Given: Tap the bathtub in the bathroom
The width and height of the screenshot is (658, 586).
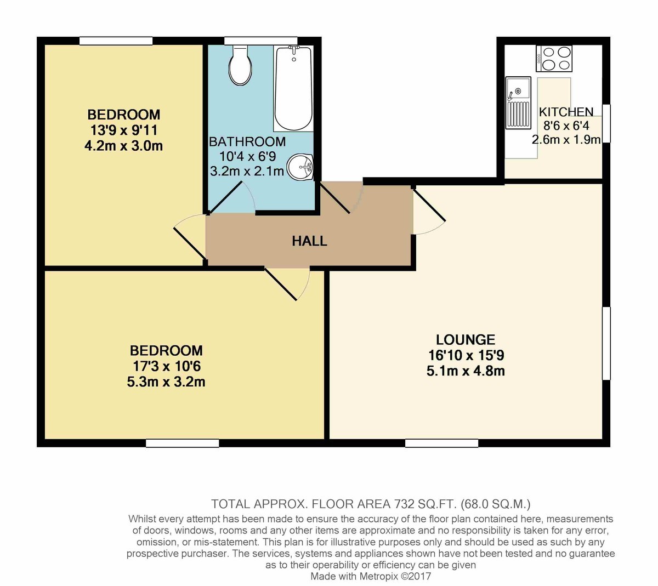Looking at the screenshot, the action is [293, 89].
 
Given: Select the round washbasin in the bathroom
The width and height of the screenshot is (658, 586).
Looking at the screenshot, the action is [300, 167].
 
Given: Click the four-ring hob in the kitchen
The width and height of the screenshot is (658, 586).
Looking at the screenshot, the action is [554, 59].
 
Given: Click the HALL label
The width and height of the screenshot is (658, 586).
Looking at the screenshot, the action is [309, 241].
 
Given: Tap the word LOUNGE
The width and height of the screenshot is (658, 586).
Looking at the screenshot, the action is [466, 339].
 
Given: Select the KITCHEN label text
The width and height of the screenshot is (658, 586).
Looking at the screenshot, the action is [566, 112].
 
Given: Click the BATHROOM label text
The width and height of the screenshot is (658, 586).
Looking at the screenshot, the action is [247, 142].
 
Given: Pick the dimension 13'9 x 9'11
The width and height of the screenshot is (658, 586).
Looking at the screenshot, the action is [124, 130].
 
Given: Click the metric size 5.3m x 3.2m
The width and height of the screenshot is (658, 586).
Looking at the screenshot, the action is [166, 382].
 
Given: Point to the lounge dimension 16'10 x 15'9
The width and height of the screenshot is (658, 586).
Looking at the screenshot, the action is [466, 355].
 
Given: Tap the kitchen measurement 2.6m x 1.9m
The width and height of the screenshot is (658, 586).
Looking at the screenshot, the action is [566, 140].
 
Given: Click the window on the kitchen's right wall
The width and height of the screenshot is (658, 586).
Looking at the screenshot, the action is [606, 123].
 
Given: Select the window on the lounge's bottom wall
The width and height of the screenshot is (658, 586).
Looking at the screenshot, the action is [442, 443].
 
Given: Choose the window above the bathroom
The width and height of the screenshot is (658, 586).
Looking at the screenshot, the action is [261, 41].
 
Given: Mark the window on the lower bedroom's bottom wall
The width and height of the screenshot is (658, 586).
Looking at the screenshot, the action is [182, 443].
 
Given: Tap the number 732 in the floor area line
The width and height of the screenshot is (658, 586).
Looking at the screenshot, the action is [404, 504].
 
